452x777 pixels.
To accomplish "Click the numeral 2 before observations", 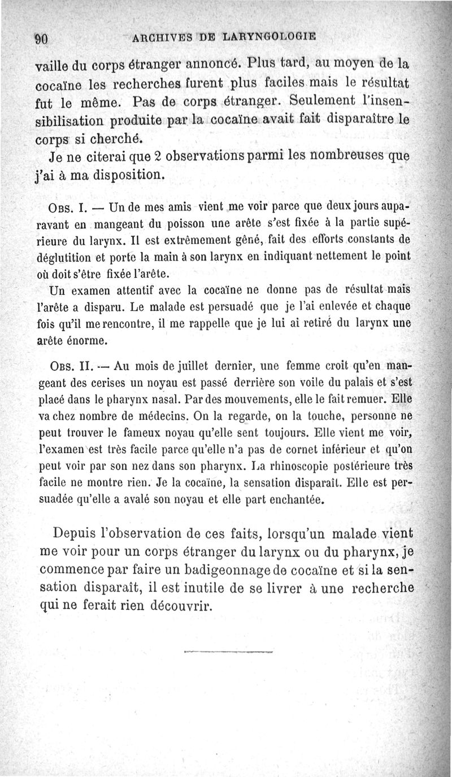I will pos(142,155).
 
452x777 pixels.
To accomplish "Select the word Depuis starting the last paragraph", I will pos(76,533).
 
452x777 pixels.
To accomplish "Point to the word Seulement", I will pos(338,103).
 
